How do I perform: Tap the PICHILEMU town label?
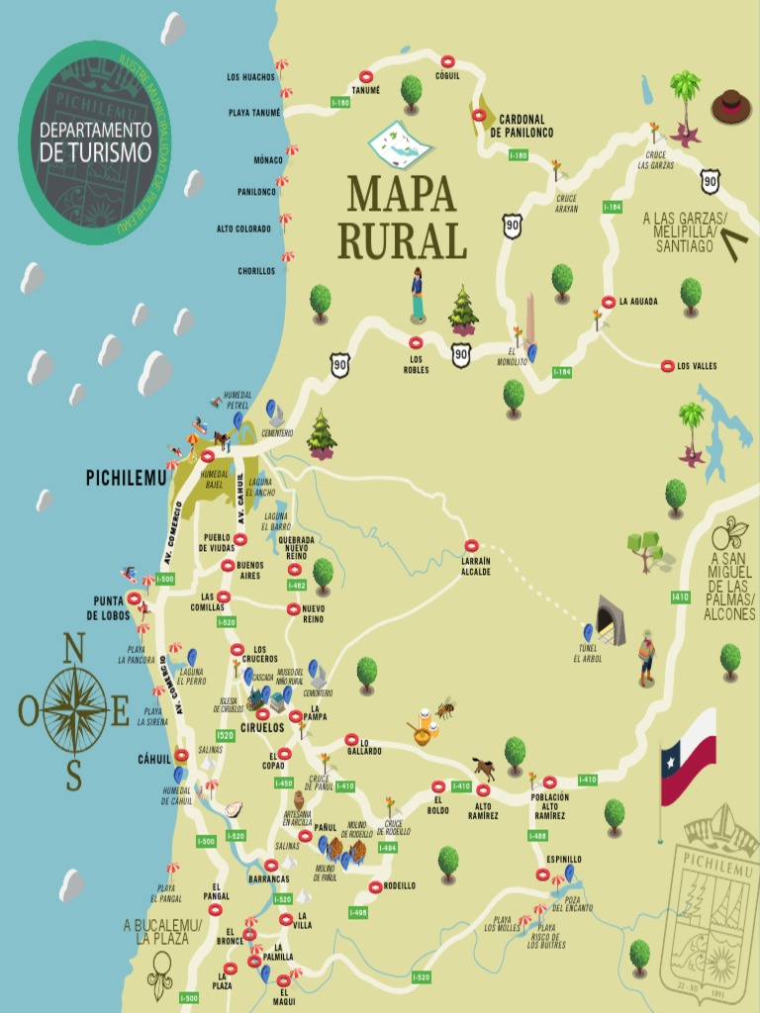pyautogui.click(x=124, y=477)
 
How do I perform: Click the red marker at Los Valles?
pyautogui.click(x=667, y=366)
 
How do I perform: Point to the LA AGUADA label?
pyautogui.click(x=638, y=302)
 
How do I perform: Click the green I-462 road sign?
pyautogui.click(x=297, y=585)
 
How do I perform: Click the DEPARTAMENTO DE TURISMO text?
pyautogui.click(x=96, y=141)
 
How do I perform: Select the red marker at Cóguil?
pyautogui.click(x=447, y=60)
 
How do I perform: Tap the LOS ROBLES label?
pyautogui.click(x=416, y=364)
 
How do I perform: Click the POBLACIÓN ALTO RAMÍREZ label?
pyautogui.click(x=549, y=806)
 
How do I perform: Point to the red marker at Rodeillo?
pyautogui.click(x=376, y=886)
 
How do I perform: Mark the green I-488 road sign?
pyautogui.click(x=537, y=836)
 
